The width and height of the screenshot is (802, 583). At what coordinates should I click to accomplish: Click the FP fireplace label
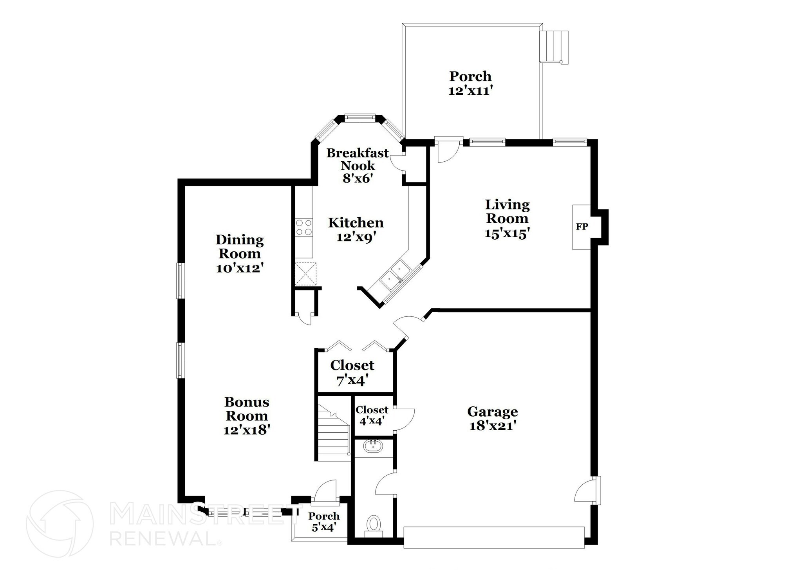point(582,227)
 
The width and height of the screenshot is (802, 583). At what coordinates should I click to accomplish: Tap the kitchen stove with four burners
point(304,227)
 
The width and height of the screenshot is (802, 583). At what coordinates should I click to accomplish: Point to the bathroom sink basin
point(373,446)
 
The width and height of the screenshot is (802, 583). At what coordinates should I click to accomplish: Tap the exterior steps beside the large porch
point(553,46)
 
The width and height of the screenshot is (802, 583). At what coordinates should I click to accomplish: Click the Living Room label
point(507,211)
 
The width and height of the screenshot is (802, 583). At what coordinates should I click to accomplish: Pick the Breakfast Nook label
point(358,159)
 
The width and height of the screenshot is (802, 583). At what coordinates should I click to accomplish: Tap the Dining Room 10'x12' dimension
point(239,269)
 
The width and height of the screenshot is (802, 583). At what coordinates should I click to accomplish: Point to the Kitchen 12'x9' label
point(356,229)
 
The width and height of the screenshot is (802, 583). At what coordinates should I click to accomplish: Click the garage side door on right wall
point(587,490)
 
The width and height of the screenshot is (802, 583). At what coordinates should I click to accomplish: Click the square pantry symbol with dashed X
point(305,273)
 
